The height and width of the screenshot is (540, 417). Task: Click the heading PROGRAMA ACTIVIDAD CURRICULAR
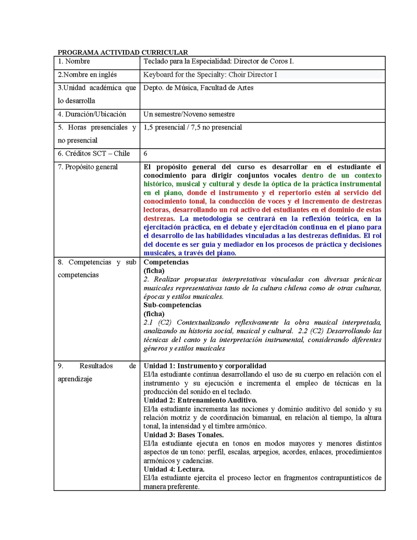(122, 52)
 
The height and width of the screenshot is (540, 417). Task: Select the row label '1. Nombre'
(74, 62)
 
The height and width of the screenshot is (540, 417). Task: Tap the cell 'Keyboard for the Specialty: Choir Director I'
(210, 75)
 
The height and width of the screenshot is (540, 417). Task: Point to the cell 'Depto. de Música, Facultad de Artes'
(198, 88)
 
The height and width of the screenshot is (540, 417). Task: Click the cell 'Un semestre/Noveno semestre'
(189, 114)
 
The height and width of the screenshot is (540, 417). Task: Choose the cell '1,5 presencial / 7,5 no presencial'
(192, 127)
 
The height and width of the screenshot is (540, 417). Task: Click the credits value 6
(145, 154)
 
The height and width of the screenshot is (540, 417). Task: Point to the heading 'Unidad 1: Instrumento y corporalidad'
(205, 366)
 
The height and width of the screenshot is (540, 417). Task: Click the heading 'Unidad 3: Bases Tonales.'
(183, 435)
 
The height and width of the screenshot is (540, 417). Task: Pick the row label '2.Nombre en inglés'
(87, 75)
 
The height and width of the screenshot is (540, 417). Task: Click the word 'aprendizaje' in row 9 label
(75, 379)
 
